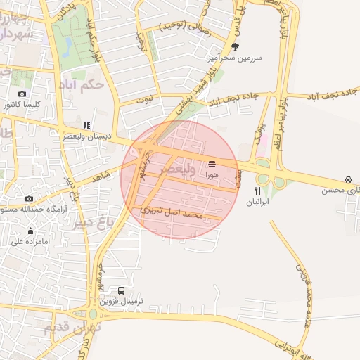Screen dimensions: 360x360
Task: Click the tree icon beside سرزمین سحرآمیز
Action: pyautogui.click(x=234, y=46)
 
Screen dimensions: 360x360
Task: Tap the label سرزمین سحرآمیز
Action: pyautogui.click(x=235, y=58)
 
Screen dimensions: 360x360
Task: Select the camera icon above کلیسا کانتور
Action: pyautogui.click(x=22, y=94)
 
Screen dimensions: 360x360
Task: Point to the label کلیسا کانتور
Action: pyautogui.click(x=23, y=105)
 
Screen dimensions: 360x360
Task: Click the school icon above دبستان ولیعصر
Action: pyautogui.click(x=86, y=125)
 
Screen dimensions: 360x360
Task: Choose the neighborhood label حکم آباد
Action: pyautogui.click(x=84, y=85)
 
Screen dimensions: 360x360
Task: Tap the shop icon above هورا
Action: pyautogui.click(x=212, y=162)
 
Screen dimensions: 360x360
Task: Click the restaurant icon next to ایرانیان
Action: pyautogui.click(x=258, y=190)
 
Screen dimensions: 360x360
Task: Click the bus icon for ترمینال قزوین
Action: pyautogui.click(x=122, y=290)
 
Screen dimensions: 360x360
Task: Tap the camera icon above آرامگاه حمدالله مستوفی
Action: pyautogui.click(x=29, y=199)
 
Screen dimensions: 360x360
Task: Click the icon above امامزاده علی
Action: pyautogui.click(x=30, y=231)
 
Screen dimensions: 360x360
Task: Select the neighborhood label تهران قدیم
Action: pyautogui.click(x=72, y=328)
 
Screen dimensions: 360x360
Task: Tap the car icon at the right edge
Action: pyautogui.click(x=348, y=179)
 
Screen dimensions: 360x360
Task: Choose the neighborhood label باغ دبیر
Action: pyautogui.click(x=91, y=224)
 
